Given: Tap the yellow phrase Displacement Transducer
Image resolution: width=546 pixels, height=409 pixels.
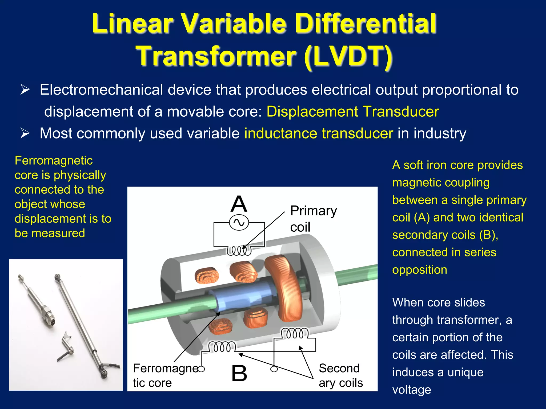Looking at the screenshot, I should pyautogui.click(x=352, y=111).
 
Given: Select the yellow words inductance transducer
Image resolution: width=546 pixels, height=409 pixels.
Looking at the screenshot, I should pyautogui.click(x=319, y=133).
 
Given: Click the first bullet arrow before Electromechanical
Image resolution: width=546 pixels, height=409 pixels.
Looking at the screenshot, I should pyautogui.click(x=25, y=90).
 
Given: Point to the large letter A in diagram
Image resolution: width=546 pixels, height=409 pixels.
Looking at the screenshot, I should pyautogui.click(x=239, y=204).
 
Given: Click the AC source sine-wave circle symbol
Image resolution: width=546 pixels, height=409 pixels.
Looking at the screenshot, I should pyautogui.click(x=239, y=223).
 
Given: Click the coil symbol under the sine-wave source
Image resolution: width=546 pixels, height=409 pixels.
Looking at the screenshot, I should pyautogui.click(x=239, y=251).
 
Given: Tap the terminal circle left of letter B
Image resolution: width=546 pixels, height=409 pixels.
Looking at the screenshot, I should pyautogui.click(x=202, y=369).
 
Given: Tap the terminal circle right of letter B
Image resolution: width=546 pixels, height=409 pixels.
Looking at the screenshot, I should pyautogui.click(x=274, y=369).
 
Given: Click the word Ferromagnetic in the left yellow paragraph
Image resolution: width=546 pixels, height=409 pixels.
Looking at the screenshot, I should pyautogui.click(x=54, y=161).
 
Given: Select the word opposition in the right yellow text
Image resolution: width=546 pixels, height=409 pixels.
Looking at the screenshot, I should pyautogui.click(x=419, y=270).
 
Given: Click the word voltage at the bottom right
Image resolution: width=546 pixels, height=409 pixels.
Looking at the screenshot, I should pyautogui.click(x=411, y=390).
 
